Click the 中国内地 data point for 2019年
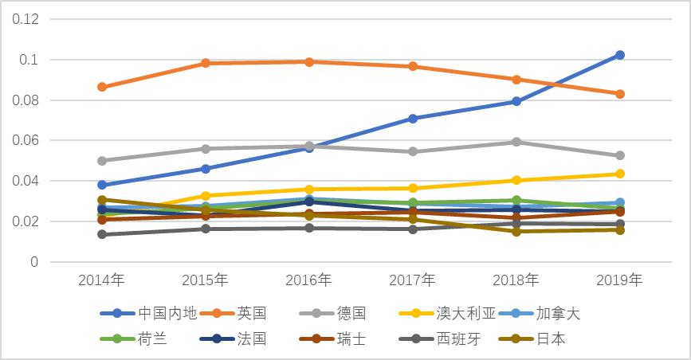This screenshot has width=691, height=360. (619, 55)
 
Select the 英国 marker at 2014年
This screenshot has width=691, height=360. (102, 87)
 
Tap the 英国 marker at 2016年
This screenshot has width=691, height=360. (309, 62)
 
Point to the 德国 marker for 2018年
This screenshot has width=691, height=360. (516, 142)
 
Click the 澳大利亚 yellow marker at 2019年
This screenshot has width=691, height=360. (619, 174)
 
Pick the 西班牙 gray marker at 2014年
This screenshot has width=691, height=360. (102, 234)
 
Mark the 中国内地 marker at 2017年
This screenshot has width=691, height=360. (413, 119)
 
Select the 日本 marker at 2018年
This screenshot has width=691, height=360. (516, 232)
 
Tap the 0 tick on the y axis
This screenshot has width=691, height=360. (34, 262)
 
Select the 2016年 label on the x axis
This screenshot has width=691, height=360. (309, 280)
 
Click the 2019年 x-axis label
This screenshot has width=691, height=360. (619, 280)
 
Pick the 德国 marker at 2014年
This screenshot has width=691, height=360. (102, 161)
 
